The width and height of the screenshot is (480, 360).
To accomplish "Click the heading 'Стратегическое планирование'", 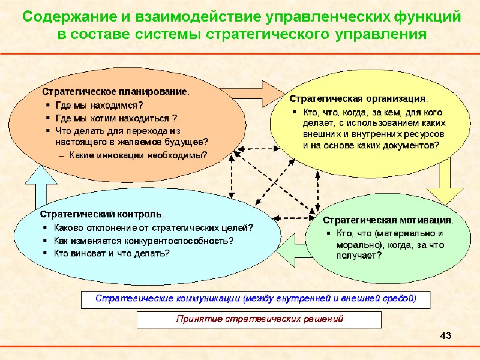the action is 114,92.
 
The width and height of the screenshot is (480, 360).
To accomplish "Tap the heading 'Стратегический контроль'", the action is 102,214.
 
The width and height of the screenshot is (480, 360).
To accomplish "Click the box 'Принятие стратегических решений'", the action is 259,319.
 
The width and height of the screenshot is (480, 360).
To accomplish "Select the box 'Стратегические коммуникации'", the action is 256,298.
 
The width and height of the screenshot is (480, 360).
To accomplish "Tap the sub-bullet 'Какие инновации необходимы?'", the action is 138,155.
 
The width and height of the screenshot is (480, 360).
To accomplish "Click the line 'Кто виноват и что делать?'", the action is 112,253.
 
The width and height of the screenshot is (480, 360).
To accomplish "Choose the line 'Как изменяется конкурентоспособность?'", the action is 143,241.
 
